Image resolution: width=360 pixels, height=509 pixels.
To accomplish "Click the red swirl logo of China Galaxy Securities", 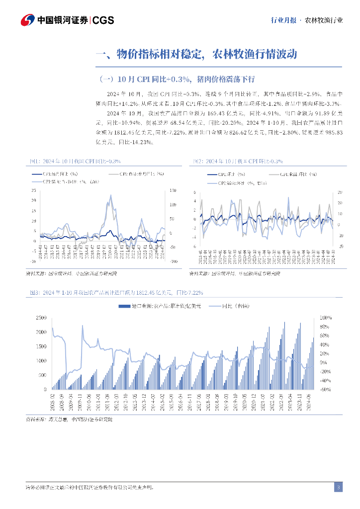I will (x=28, y=20).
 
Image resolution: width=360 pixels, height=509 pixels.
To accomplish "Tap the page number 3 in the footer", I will (x=338, y=487).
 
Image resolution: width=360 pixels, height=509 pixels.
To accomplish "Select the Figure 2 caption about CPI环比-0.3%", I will (x=238, y=161).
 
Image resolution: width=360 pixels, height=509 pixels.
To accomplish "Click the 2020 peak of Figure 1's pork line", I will (x=109, y=196).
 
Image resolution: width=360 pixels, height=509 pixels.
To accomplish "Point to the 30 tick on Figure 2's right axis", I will (x=340, y=192).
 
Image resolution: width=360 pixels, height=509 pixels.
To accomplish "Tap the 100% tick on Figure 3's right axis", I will (x=325, y=317).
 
